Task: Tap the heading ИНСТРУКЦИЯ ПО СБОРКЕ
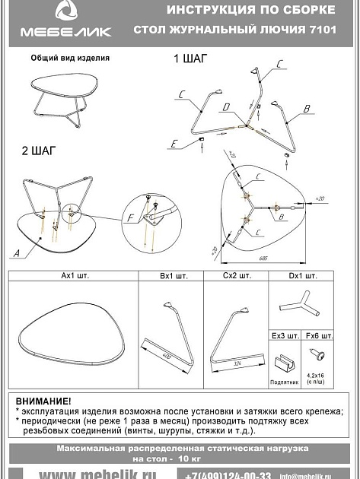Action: click(250, 11)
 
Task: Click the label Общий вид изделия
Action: click(70, 58)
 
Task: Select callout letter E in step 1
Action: click(174, 143)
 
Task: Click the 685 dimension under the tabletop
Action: click(263, 258)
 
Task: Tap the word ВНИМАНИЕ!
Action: click(43, 401)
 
